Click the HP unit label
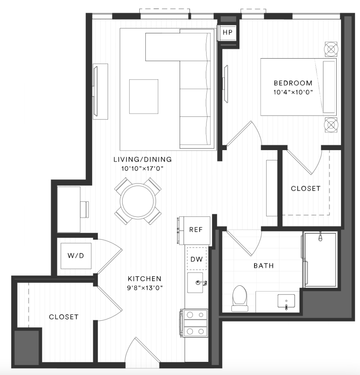(x=227, y=33)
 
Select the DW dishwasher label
(x=197, y=259)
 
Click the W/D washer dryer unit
(x=76, y=256)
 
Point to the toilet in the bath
(x=240, y=299)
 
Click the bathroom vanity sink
(x=286, y=301)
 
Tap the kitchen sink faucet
(x=201, y=283)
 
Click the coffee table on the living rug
(x=144, y=97)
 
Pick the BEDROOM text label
(x=293, y=83)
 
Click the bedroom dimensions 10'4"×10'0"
(x=293, y=92)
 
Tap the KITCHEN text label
(x=145, y=279)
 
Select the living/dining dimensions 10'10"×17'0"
(x=142, y=168)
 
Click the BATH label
(x=264, y=266)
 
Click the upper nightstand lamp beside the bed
(x=331, y=49)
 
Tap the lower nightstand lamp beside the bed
(x=331, y=125)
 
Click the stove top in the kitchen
(x=194, y=323)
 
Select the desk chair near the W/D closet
(x=85, y=209)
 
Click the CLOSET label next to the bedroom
(x=305, y=189)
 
